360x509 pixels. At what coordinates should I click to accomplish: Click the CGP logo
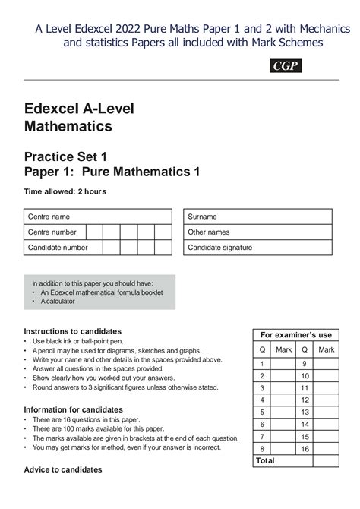286,66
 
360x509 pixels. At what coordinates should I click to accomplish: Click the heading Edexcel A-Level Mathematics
79,117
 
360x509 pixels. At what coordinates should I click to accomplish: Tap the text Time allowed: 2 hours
65,191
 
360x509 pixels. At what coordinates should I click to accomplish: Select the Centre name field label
49,217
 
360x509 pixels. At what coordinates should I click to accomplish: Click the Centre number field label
52,232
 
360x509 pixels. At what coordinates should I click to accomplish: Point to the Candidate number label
58,247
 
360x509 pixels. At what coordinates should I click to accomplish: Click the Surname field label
203,217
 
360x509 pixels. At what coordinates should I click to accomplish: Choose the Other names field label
209,232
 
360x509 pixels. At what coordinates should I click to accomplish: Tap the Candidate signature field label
220,247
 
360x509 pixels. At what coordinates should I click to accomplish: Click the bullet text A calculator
57,302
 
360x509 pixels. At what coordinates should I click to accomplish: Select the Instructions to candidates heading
73,331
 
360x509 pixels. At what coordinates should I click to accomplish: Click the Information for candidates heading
74,409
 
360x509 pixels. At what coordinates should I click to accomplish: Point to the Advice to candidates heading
63,469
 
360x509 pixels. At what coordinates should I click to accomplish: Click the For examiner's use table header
296,335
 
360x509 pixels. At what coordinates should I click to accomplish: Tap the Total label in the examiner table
266,460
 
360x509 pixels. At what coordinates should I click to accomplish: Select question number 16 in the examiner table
305,449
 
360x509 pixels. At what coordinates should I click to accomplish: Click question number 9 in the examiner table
305,364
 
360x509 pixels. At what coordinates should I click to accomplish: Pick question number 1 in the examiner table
262,364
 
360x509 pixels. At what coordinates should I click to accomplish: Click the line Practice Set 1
68,156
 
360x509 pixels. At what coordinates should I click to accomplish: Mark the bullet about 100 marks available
98,428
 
